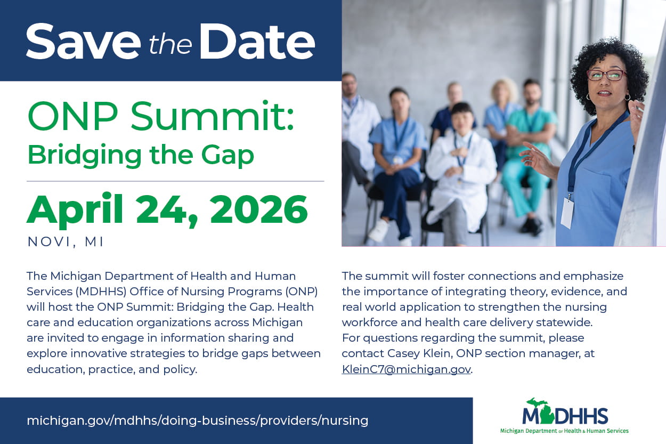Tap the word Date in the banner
pyautogui.click(x=260, y=41)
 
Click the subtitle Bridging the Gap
pyautogui.click(x=141, y=155)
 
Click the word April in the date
pyautogui.click(x=75, y=210)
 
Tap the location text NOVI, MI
pyautogui.click(x=66, y=241)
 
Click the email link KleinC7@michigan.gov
pyautogui.click(x=406, y=369)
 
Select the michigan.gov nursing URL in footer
pyautogui.click(x=197, y=421)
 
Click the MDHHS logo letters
pyautogui.click(x=565, y=416)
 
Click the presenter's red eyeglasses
pyautogui.click(x=606, y=75)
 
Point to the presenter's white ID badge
pyautogui.click(x=567, y=212)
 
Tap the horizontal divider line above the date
pyautogui.click(x=175, y=181)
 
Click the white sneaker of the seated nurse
pyautogui.click(x=379, y=230)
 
